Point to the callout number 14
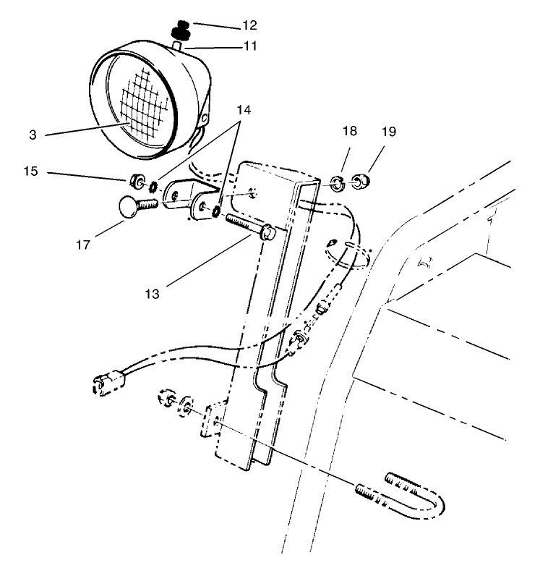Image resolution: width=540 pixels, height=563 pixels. [x=244, y=111]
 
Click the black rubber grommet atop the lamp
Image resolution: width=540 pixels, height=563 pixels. [x=179, y=33]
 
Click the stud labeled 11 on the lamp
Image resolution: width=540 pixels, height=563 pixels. [x=178, y=47]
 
